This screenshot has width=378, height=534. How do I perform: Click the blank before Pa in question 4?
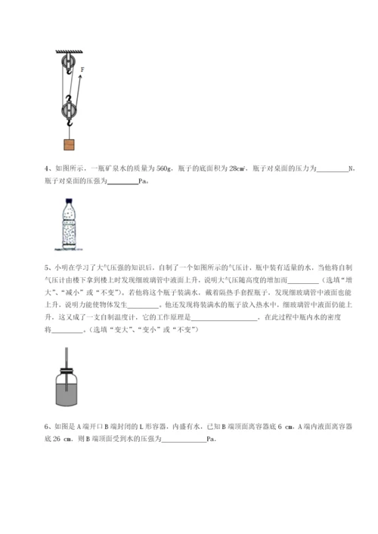point(123,182)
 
